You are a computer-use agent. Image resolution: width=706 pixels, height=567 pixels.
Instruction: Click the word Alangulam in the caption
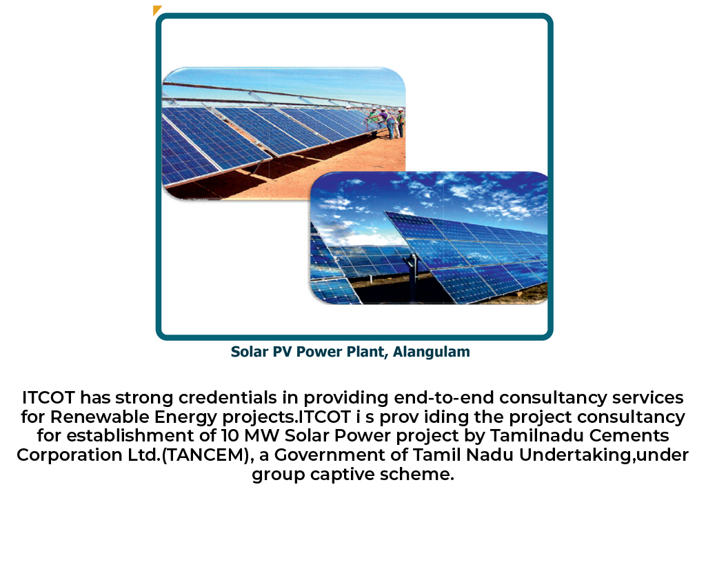(432, 352)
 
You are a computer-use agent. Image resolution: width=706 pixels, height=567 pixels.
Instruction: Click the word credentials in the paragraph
(228, 398)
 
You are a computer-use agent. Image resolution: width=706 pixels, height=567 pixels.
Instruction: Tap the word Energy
(185, 418)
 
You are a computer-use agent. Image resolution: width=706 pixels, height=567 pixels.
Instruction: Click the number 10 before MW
(230, 436)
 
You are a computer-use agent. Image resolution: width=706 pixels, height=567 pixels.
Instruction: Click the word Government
(330, 455)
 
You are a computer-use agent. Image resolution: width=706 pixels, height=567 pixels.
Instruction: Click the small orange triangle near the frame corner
(157, 10)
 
